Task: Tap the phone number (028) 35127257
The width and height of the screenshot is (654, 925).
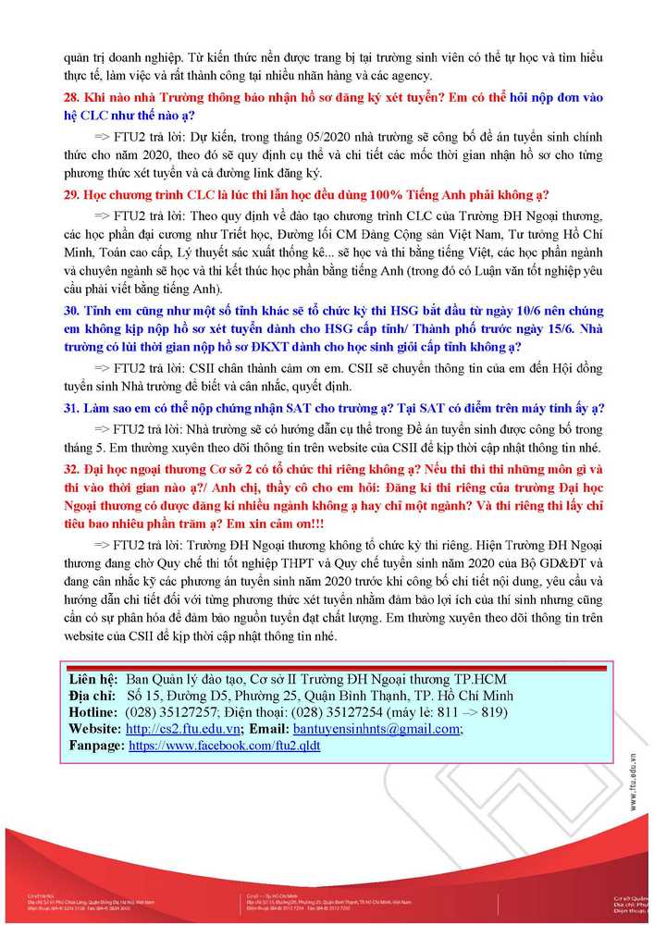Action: point(170,712)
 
